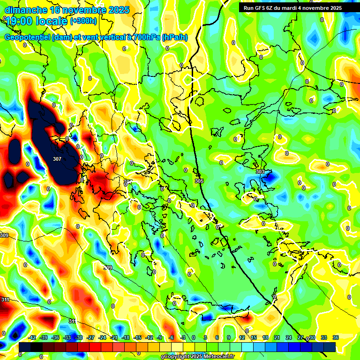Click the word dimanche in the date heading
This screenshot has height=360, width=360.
(24, 9)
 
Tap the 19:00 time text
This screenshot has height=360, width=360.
(19, 21)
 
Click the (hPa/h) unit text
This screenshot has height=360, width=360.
(175, 37)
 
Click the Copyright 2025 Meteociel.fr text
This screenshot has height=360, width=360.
(199, 357)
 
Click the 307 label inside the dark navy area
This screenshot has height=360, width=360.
(57, 159)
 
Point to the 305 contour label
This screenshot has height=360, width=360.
(199, 180)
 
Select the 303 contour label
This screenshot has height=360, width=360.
(260, 172)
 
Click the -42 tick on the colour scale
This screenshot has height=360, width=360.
(32, 337)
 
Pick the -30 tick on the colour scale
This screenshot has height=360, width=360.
(79, 337)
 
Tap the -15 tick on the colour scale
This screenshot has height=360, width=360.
(137, 337)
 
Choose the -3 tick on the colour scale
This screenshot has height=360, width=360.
(183, 337)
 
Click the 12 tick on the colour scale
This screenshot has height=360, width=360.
(241, 337)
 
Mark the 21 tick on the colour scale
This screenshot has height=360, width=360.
(277, 337)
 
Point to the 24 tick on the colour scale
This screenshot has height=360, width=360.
(288, 337)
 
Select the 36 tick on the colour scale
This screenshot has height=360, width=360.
(335, 337)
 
